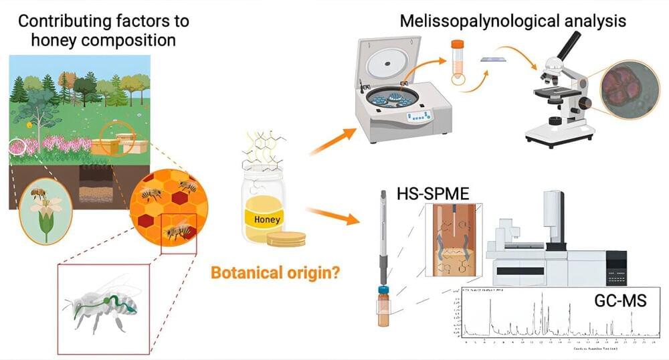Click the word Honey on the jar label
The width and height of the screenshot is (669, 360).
[x=264, y=219]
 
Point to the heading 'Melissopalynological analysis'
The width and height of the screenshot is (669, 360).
[x=512, y=21]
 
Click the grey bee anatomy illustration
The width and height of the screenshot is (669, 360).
[x=104, y=305]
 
